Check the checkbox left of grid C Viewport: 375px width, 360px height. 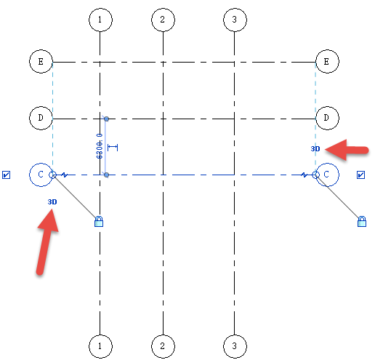click(6, 175)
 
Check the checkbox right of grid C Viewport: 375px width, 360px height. click(360, 175)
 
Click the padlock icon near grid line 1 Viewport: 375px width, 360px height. click(99, 222)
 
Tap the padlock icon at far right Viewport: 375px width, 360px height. click(362, 222)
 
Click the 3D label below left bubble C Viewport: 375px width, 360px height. click(52, 201)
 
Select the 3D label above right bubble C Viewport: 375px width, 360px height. click(315, 148)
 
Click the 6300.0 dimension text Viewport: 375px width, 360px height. click(100, 146)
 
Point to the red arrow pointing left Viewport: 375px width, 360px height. click(347, 150)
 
